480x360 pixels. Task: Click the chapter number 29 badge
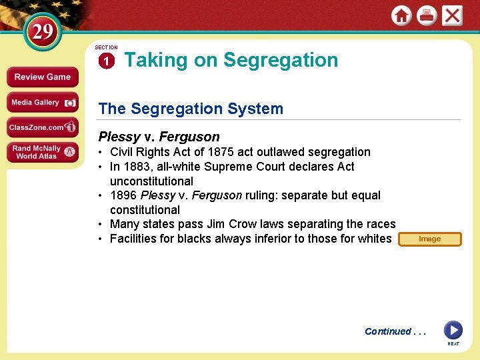(43, 31)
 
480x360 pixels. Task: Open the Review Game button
(42, 77)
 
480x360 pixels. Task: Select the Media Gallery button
(42, 103)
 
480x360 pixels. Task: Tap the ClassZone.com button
(42, 127)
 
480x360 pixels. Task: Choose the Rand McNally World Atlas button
(42, 152)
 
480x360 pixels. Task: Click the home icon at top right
(401, 15)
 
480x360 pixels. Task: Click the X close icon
(452, 15)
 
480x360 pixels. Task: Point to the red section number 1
(107, 61)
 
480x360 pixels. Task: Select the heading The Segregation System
(191, 109)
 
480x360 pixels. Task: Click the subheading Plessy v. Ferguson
(159, 137)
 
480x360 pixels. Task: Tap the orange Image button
(429, 239)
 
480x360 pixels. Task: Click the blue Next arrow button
(453, 330)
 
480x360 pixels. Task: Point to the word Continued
(388, 331)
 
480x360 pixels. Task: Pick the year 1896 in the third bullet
(123, 195)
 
